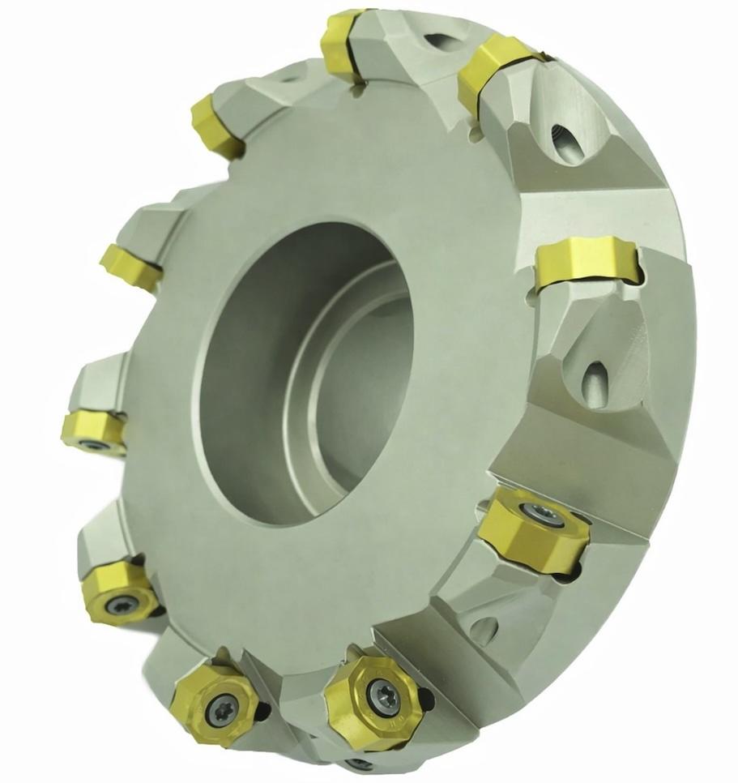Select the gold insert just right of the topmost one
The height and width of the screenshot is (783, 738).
(493, 73)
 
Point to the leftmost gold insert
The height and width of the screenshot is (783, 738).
(93, 428)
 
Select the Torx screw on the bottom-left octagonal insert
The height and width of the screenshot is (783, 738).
(217, 707)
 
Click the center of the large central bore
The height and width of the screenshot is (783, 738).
(308, 365)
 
